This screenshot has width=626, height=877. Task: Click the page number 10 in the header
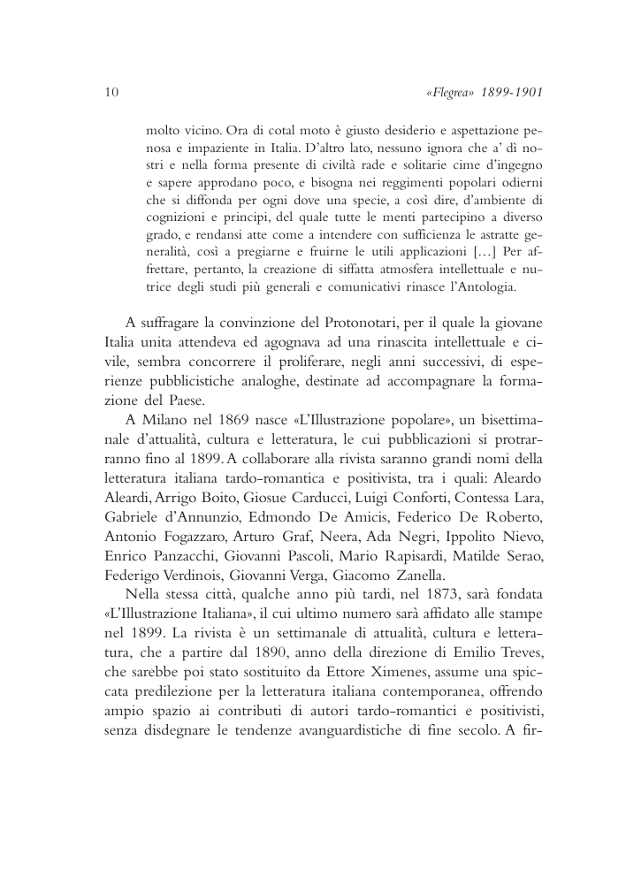pyautogui.click(x=111, y=91)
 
